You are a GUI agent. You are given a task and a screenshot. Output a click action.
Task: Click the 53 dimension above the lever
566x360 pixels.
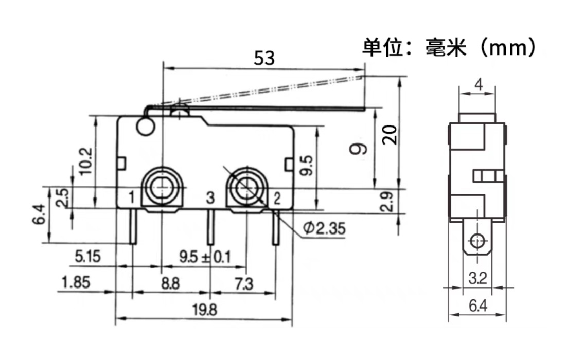click(x=264, y=58)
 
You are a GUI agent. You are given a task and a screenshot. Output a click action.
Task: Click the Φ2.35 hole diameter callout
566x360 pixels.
click(x=324, y=228)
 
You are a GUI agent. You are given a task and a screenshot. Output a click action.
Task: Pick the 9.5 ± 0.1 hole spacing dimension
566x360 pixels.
click(x=204, y=256)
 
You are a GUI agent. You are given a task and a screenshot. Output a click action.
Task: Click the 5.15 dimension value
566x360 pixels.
click(x=87, y=256)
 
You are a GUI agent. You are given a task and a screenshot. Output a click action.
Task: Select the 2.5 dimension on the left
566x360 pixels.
click(x=62, y=197)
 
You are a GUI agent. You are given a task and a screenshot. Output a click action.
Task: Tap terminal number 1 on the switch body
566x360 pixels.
click(x=131, y=197)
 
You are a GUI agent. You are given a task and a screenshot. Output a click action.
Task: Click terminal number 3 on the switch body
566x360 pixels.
click(x=209, y=197)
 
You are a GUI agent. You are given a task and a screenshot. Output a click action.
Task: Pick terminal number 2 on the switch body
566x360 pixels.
click(x=276, y=197)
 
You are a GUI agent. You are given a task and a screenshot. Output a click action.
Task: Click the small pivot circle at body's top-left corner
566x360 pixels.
click(x=146, y=127)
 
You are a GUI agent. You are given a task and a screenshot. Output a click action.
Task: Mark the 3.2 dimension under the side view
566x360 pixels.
click(x=478, y=279)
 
